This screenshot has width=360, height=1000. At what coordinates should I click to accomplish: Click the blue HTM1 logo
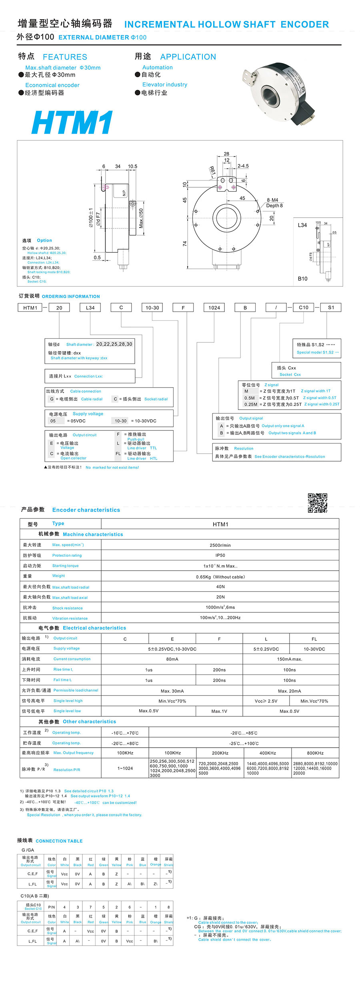[x=72, y=122]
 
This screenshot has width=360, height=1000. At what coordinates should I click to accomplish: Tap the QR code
[x=317, y=503]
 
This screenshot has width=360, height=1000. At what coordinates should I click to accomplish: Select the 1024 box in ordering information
[x=214, y=308]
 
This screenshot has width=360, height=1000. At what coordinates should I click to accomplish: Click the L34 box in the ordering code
[x=90, y=308]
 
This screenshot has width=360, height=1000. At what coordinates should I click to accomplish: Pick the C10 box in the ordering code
[x=304, y=308]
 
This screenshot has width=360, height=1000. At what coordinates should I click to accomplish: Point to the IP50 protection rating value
[x=220, y=555]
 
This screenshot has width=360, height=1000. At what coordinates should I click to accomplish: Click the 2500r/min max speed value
[x=220, y=545]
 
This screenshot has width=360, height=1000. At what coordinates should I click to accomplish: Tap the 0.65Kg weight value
[x=220, y=577]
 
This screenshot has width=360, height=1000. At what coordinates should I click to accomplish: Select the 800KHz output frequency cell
[x=315, y=753]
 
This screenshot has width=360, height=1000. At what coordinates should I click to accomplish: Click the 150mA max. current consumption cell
[x=289, y=659]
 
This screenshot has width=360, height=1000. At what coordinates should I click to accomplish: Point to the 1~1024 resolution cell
[x=125, y=768]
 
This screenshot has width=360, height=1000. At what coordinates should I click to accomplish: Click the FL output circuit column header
[x=314, y=639]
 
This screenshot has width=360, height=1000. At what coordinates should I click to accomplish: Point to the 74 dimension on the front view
[x=184, y=243]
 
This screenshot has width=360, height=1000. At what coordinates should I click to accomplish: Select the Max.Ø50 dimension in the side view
[x=141, y=218]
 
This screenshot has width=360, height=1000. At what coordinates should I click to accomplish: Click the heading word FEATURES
[x=65, y=57]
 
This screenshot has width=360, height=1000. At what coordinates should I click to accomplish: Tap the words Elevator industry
[x=164, y=84]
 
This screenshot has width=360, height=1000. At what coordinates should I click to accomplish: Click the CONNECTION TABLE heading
[x=59, y=841]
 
